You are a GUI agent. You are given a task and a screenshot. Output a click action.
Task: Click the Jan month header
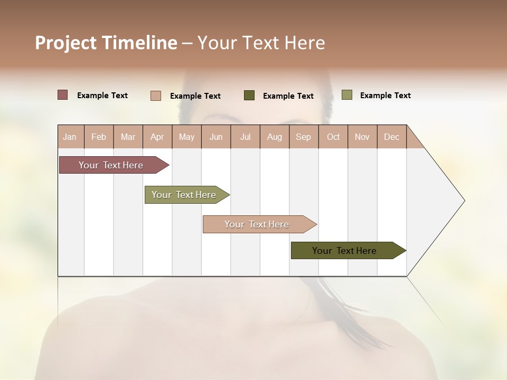coord(70,137)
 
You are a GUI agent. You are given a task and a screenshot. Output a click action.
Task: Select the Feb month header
coord(99,137)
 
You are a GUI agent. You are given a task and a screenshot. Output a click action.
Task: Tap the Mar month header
coord(128,137)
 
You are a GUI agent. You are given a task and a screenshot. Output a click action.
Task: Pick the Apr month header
coord(157,137)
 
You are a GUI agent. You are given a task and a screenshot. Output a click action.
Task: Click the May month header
coord(186,137)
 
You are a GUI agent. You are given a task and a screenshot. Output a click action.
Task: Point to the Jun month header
coord(216,137)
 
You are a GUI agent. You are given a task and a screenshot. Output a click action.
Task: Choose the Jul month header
coord(246,137)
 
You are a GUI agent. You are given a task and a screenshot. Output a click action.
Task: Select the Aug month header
coord(275,137)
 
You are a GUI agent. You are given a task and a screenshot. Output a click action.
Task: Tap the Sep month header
coord(304,137)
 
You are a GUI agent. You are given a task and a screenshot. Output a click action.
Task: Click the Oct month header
coord(333,137)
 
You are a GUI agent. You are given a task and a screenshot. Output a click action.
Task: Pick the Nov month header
coord(362,137)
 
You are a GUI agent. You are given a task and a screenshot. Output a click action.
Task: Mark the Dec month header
coord(392,137)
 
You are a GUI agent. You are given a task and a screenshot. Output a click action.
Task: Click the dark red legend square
coord(63,95)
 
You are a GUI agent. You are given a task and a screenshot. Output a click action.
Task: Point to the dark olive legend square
coord(249,96)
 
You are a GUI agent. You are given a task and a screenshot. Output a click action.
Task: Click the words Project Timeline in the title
coord(106,43)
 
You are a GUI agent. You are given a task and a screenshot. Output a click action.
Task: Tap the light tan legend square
coord(156,96)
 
